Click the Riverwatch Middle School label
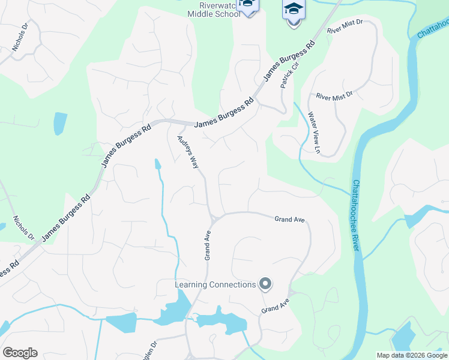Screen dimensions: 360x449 [214, 9]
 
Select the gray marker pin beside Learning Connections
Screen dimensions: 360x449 [265, 284]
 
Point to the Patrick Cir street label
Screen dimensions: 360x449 [289, 74]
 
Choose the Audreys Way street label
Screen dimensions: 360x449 [187, 152]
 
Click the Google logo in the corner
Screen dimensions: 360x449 [20, 353]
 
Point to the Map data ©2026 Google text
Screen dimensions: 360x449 [412, 355]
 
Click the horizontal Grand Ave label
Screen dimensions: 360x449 [290, 220]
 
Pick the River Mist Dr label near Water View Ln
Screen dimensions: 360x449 [334, 95]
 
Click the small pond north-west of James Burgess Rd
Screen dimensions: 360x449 [60, 123]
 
